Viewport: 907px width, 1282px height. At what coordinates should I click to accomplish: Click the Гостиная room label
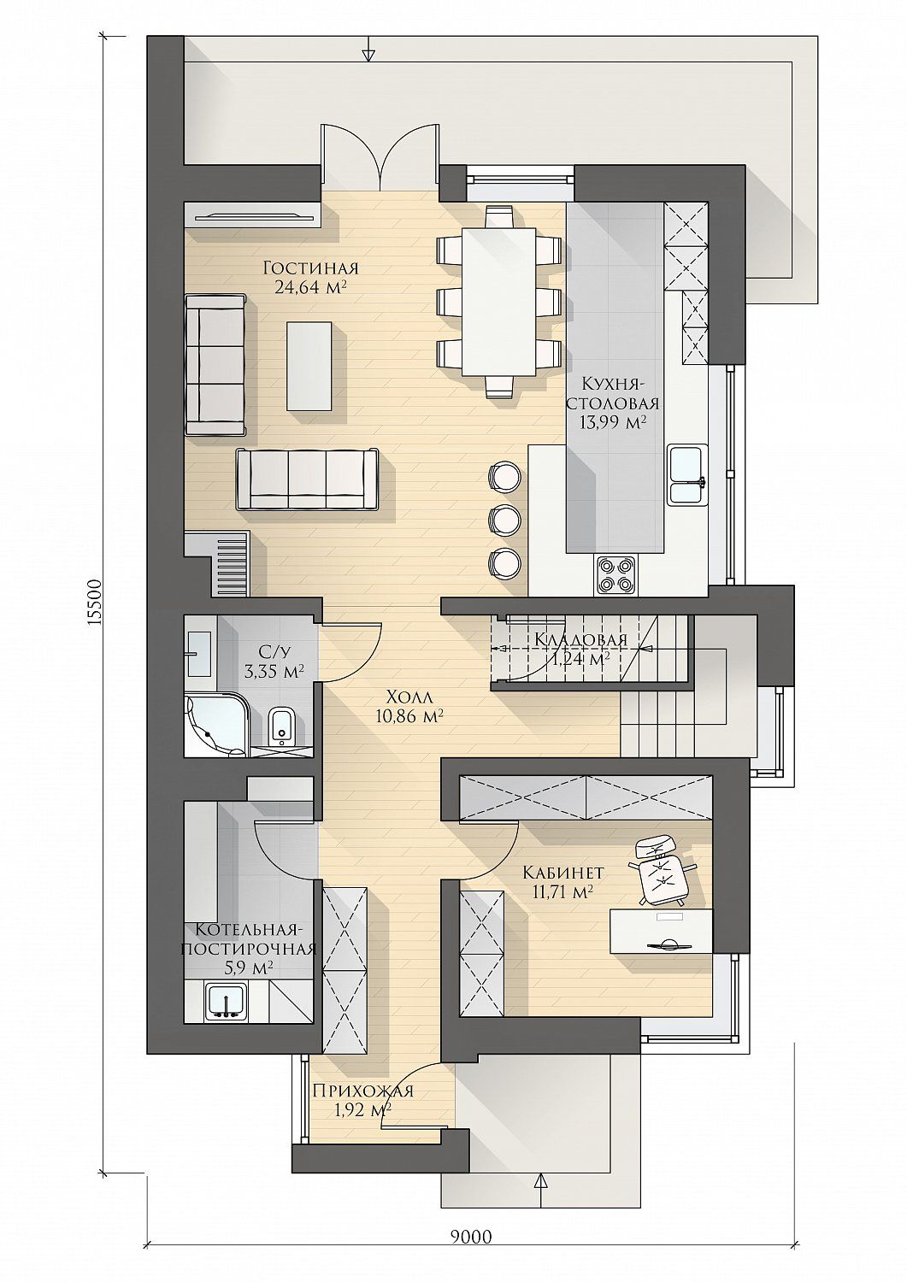coord(311,268)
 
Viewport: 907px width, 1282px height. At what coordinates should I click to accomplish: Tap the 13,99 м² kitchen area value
coord(612,422)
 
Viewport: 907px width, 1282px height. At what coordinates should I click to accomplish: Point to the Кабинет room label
coord(563,888)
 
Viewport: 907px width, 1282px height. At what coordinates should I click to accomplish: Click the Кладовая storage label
coord(580,639)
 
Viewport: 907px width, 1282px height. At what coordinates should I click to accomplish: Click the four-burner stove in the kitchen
coord(616,574)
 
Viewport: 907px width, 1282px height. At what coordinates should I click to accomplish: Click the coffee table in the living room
coord(309,365)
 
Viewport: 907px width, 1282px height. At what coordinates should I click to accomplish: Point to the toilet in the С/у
coord(281,725)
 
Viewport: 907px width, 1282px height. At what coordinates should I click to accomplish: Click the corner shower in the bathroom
coord(218,725)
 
